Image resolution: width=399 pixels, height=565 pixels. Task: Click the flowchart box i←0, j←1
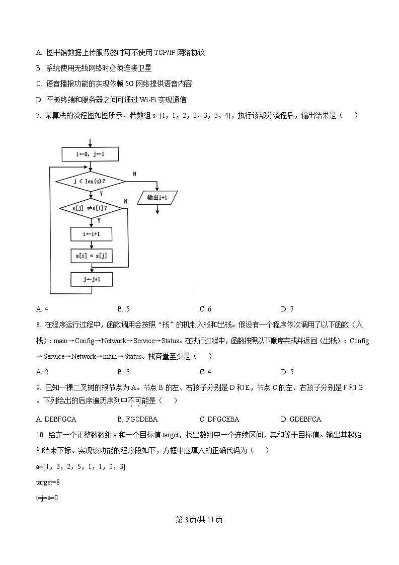(91, 154)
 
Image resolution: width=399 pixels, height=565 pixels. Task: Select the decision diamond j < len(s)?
(92, 181)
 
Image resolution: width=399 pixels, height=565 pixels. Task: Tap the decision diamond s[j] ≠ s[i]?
(91, 208)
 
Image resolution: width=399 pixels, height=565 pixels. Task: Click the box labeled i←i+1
(91, 234)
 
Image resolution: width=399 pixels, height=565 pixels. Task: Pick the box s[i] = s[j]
(91, 256)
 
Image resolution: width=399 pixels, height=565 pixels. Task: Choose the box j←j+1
(91, 279)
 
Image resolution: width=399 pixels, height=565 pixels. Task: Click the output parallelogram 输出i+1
(157, 198)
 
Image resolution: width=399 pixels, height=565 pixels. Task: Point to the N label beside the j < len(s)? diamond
(134, 174)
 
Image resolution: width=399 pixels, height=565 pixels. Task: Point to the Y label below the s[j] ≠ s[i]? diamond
(99, 220)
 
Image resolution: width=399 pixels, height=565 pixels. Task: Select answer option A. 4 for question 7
(42, 309)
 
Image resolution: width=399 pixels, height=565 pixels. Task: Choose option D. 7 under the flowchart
(287, 309)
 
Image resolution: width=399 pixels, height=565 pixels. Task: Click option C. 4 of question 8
(205, 372)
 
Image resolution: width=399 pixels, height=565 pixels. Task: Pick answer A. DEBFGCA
(56, 419)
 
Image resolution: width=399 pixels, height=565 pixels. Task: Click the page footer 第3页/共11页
(199, 520)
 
